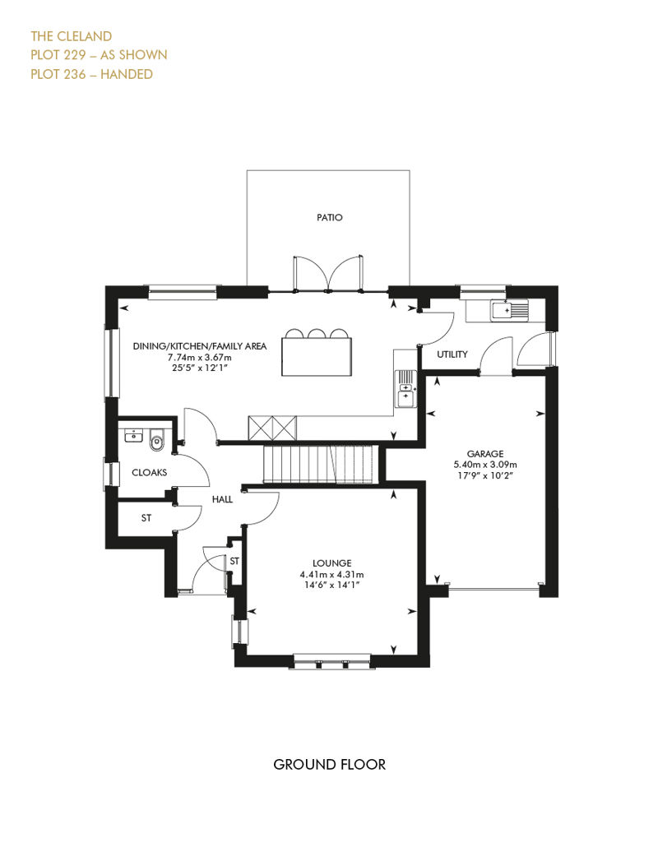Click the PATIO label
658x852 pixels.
[x=329, y=217]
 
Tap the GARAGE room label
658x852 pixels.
[x=485, y=454]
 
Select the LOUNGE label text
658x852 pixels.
[x=331, y=563]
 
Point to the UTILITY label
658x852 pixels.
[x=452, y=354]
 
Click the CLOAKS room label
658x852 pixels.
[x=150, y=473]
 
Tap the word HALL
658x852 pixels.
[x=222, y=499]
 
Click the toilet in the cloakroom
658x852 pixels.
[x=156, y=440]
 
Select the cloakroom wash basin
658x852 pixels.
[x=133, y=436]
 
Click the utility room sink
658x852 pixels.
[x=510, y=310]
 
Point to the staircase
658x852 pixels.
[x=320, y=464]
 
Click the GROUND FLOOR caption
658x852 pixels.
[x=329, y=765]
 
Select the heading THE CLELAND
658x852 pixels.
[x=72, y=36]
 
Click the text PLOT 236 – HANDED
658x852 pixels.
[x=92, y=75]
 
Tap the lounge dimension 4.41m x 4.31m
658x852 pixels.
[x=331, y=574]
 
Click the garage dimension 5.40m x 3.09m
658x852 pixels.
[x=485, y=465]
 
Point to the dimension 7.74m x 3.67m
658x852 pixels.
[x=199, y=358]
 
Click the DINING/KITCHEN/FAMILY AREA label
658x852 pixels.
[x=199, y=346]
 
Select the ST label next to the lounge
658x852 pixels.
[x=234, y=561]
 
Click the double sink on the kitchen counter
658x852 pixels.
[x=405, y=388]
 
